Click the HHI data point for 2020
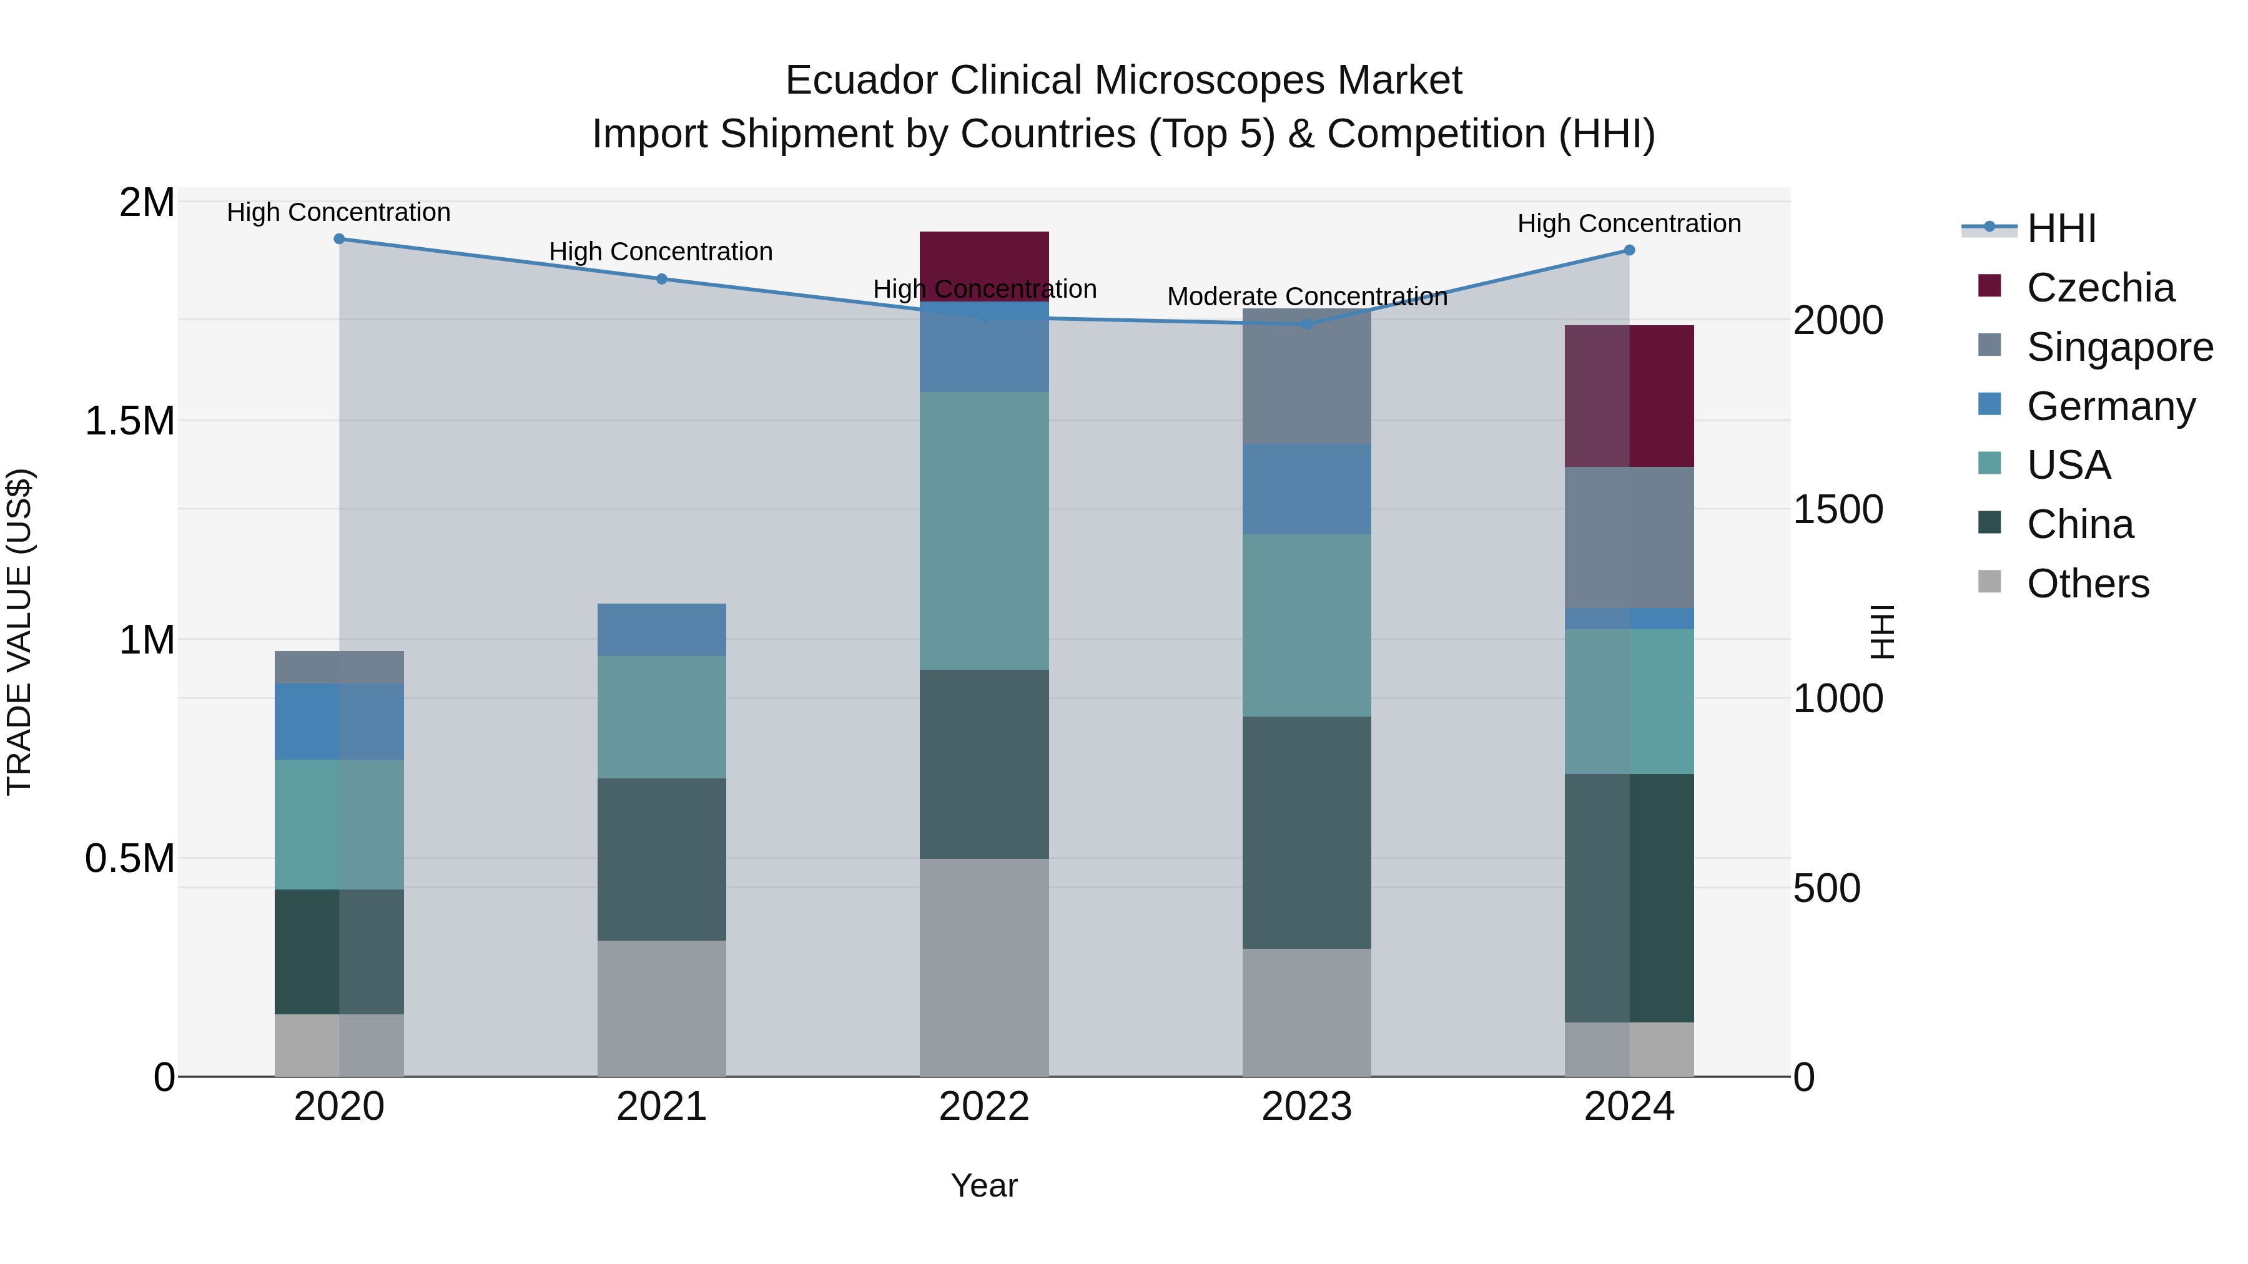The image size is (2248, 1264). [340, 239]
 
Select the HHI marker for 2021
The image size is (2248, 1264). [661, 279]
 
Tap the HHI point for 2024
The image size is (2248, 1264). [1629, 250]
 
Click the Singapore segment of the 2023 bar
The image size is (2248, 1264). [1306, 376]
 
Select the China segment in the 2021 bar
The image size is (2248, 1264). [661, 860]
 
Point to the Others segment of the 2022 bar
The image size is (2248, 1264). [984, 968]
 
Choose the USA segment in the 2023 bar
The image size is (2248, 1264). [1306, 625]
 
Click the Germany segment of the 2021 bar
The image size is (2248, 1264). [661, 630]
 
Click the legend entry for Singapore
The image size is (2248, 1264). [2119, 347]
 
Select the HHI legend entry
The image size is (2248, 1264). [2061, 228]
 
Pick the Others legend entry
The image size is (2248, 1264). [2088, 584]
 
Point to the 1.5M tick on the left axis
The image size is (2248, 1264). [130, 421]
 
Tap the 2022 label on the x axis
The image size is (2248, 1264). [984, 1107]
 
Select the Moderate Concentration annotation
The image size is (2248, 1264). [1306, 296]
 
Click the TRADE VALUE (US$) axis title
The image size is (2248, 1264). [20, 632]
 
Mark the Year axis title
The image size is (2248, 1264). [984, 1185]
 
